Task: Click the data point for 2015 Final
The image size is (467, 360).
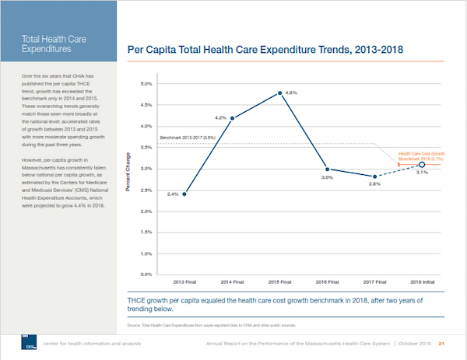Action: coord(279,93)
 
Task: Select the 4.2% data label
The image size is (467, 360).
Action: coord(220,117)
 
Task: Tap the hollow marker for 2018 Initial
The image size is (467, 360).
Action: coord(421,165)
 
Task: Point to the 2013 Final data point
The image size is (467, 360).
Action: coord(184,194)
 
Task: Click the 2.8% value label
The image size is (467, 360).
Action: coord(374,184)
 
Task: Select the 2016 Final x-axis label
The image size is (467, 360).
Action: coord(327,281)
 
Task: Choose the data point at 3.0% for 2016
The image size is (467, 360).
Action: coord(327,169)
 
